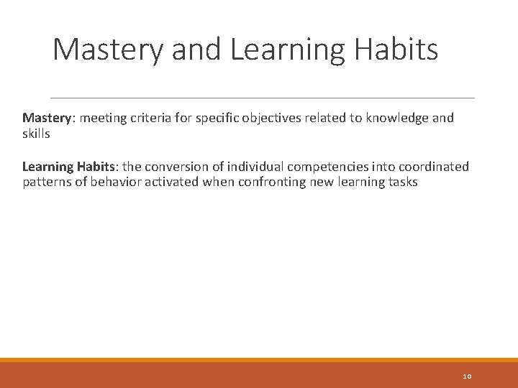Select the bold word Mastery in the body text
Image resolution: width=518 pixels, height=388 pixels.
coord(45,118)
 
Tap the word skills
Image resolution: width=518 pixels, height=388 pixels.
coord(36,134)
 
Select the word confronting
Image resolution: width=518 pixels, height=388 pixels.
coord(270,183)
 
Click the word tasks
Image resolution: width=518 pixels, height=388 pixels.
coord(401,183)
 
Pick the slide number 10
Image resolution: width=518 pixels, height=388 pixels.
coord(467,376)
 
